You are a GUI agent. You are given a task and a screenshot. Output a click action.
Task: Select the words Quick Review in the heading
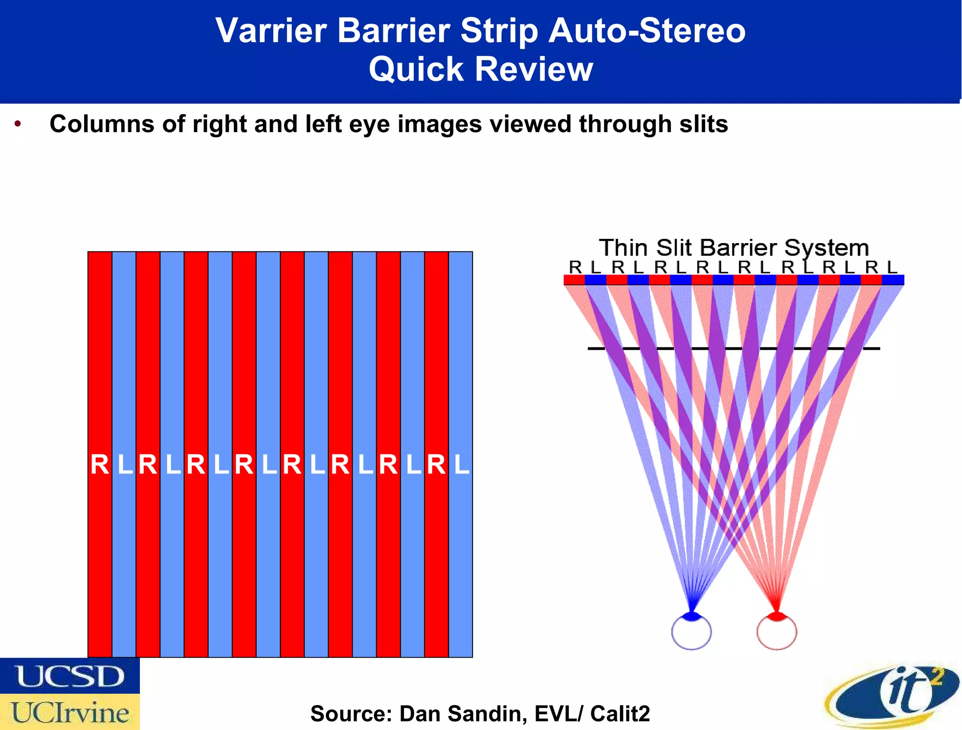pyautogui.click(x=481, y=69)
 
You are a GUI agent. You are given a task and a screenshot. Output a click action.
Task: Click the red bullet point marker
pyautogui.click(x=18, y=124)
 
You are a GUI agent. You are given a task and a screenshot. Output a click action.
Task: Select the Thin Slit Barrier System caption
pyautogui.click(x=733, y=248)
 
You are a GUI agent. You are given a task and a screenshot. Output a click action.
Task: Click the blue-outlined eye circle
pyautogui.click(x=691, y=633)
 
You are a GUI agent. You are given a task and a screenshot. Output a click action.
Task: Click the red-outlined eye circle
pyautogui.click(x=776, y=633)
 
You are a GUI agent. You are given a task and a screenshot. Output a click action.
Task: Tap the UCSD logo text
pyautogui.click(x=70, y=676)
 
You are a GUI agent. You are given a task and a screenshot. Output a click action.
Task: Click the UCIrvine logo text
pyautogui.click(x=70, y=713)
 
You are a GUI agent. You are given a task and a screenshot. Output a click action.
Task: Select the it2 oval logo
pyautogui.click(x=892, y=695)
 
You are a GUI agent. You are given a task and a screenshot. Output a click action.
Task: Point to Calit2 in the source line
pyautogui.click(x=620, y=714)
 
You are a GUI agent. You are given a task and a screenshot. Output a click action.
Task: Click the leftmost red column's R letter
pyautogui.click(x=100, y=465)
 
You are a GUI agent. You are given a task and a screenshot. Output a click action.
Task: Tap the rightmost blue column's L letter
pyautogui.click(x=461, y=465)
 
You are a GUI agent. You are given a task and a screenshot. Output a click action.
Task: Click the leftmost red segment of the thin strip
pyautogui.click(x=574, y=280)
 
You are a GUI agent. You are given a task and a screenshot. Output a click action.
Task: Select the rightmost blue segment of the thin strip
pyautogui.click(x=893, y=280)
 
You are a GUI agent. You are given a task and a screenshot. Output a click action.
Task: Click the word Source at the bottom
pyautogui.click(x=350, y=714)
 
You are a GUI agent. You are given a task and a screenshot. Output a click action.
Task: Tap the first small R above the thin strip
pyautogui.click(x=575, y=267)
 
